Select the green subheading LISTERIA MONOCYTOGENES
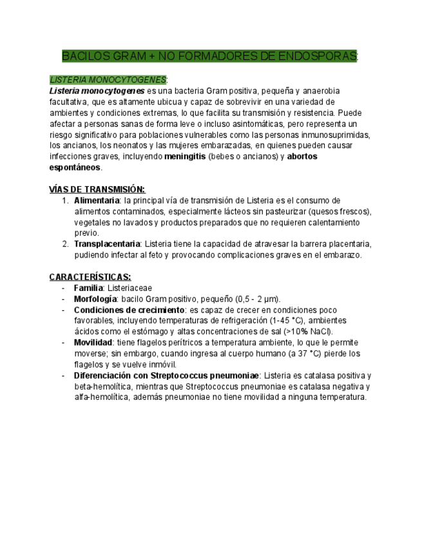(x=108, y=80)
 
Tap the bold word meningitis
(x=185, y=156)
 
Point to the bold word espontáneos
(x=75, y=167)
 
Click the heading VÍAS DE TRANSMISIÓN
(x=97, y=189)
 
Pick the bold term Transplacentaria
(x=107, y=244)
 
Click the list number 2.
(x=66, y=244)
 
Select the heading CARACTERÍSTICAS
(x=90, y=277)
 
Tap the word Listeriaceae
(x=130, y=288)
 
